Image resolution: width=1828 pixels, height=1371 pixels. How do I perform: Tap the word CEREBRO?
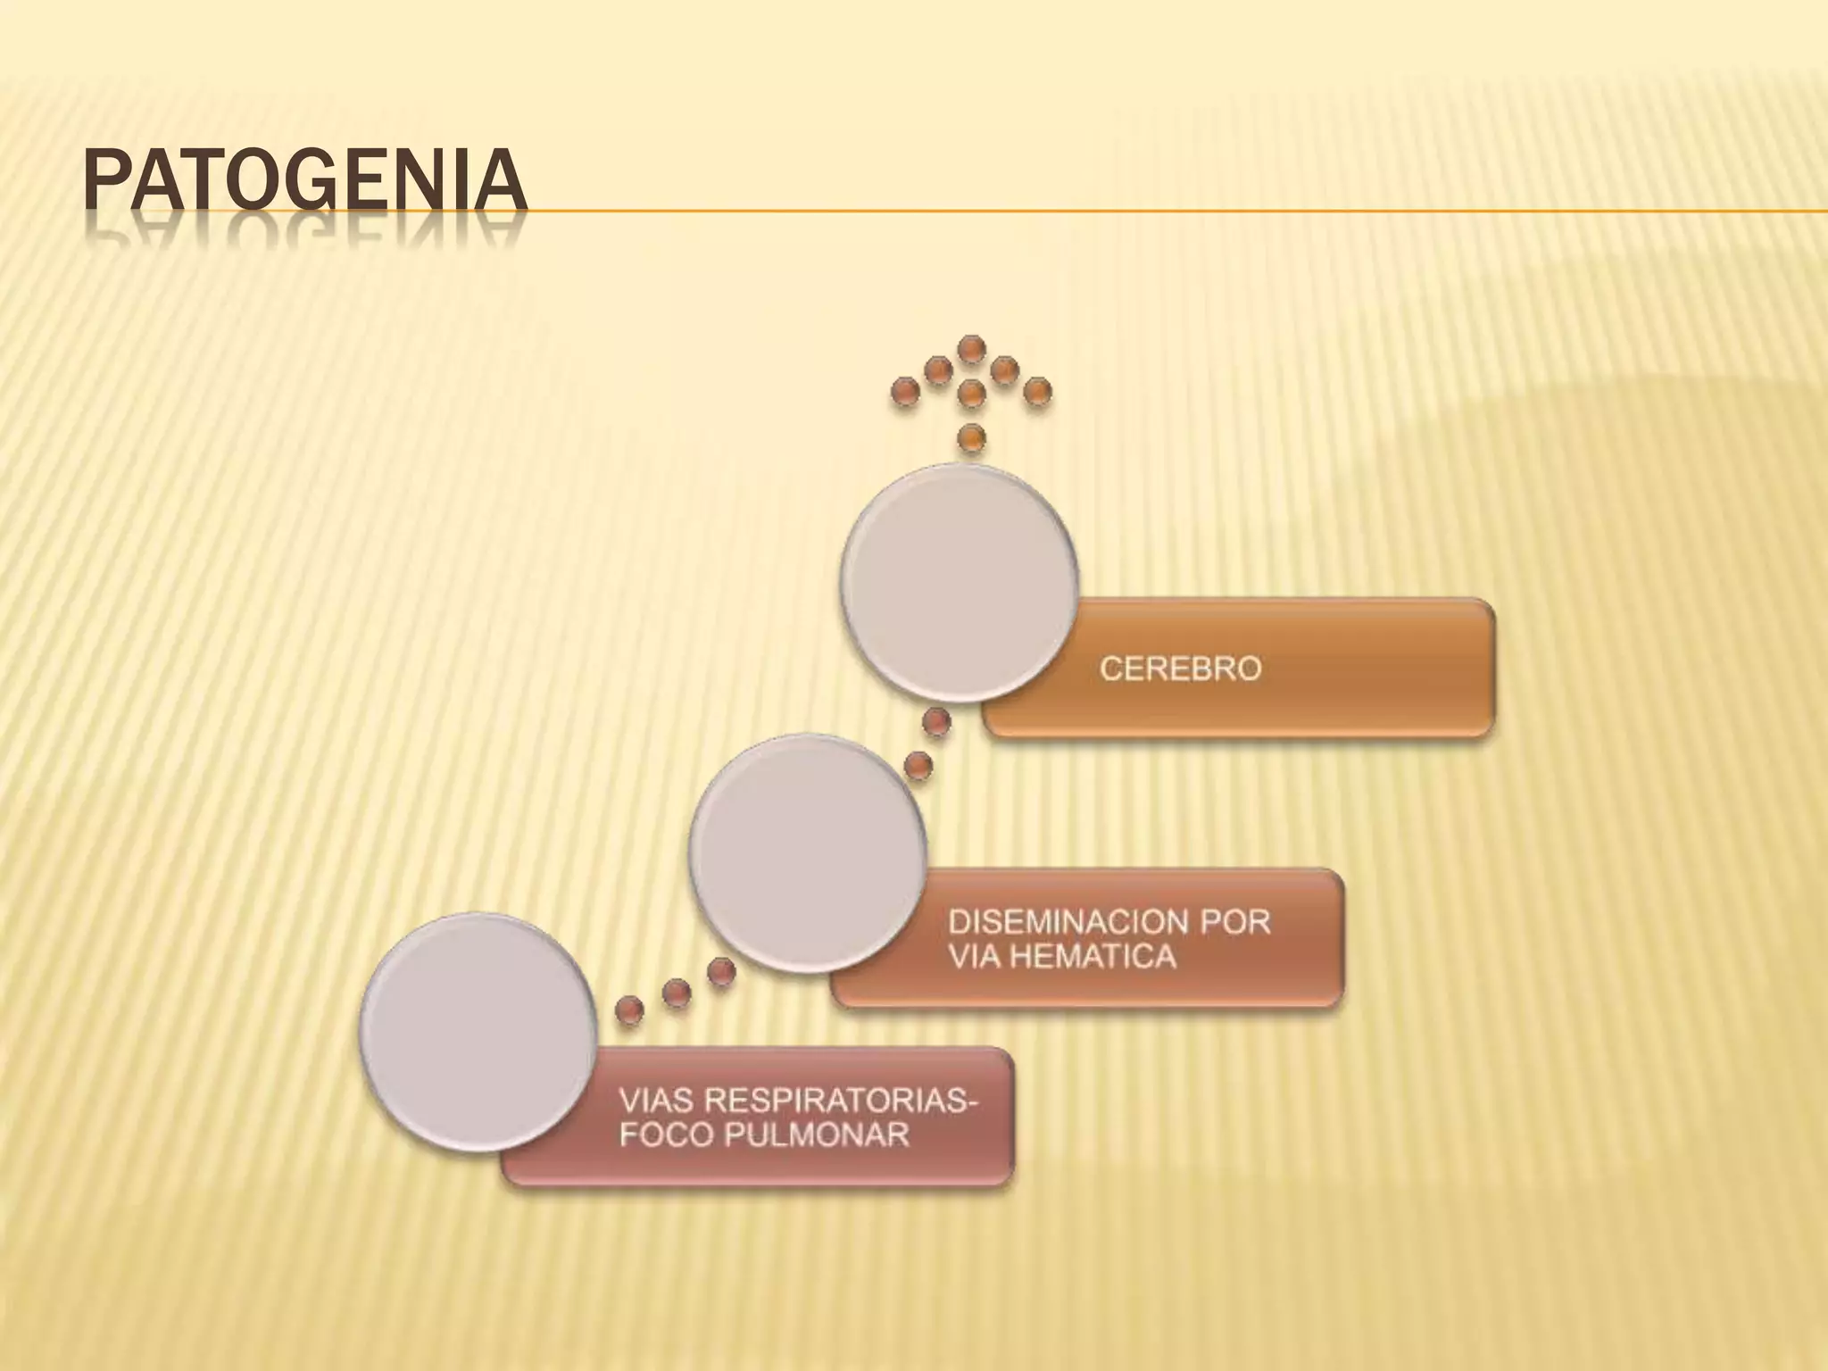[x=1180, y=669]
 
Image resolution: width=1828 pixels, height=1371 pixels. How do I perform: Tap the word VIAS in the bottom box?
[x=657, y=1101]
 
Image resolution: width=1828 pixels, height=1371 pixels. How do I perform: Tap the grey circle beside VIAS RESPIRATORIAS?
[x=478, y=1031]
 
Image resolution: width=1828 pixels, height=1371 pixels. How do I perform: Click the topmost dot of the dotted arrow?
[x=971, y=347]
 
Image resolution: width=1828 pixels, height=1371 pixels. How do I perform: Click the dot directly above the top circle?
[x=971, y=437]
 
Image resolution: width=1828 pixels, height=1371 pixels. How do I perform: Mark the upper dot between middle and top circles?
[x=935, y=722]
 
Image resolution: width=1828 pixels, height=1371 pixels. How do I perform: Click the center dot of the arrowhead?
[x=971, y=392]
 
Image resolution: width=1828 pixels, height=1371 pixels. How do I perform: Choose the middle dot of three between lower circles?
[x=677, y=992]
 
